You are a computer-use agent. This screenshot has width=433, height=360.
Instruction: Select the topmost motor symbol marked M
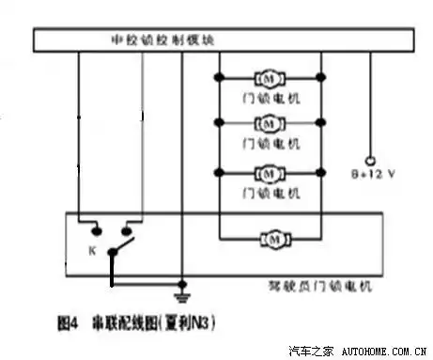[270, 76]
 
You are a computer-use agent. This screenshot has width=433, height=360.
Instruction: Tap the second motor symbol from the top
[270, 121]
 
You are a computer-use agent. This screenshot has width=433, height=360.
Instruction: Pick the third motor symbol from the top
[270, 172]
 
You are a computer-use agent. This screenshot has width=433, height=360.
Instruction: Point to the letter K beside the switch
[91, 251]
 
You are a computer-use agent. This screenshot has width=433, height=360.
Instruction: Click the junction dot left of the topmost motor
[219, 76]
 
